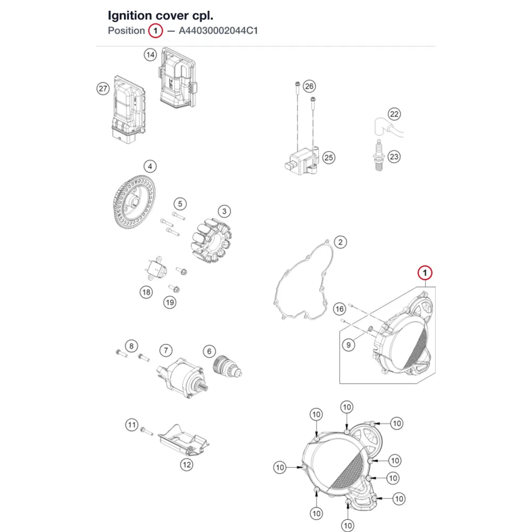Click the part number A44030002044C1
[218, 30]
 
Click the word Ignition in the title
[130, 16]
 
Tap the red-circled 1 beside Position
[155, 31]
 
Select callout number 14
[151, 55]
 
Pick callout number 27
[103, 89]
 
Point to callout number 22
[394, 114]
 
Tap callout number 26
[309, 86]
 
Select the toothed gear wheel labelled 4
[134, 202]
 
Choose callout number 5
[180, 204]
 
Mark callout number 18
[146, 292]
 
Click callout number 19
[170, 302]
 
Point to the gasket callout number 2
[340, 242]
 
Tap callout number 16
[339, 309]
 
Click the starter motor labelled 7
[182, 377]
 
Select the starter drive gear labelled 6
[227, 366]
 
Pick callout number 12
[187, 464]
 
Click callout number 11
[131, 425]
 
